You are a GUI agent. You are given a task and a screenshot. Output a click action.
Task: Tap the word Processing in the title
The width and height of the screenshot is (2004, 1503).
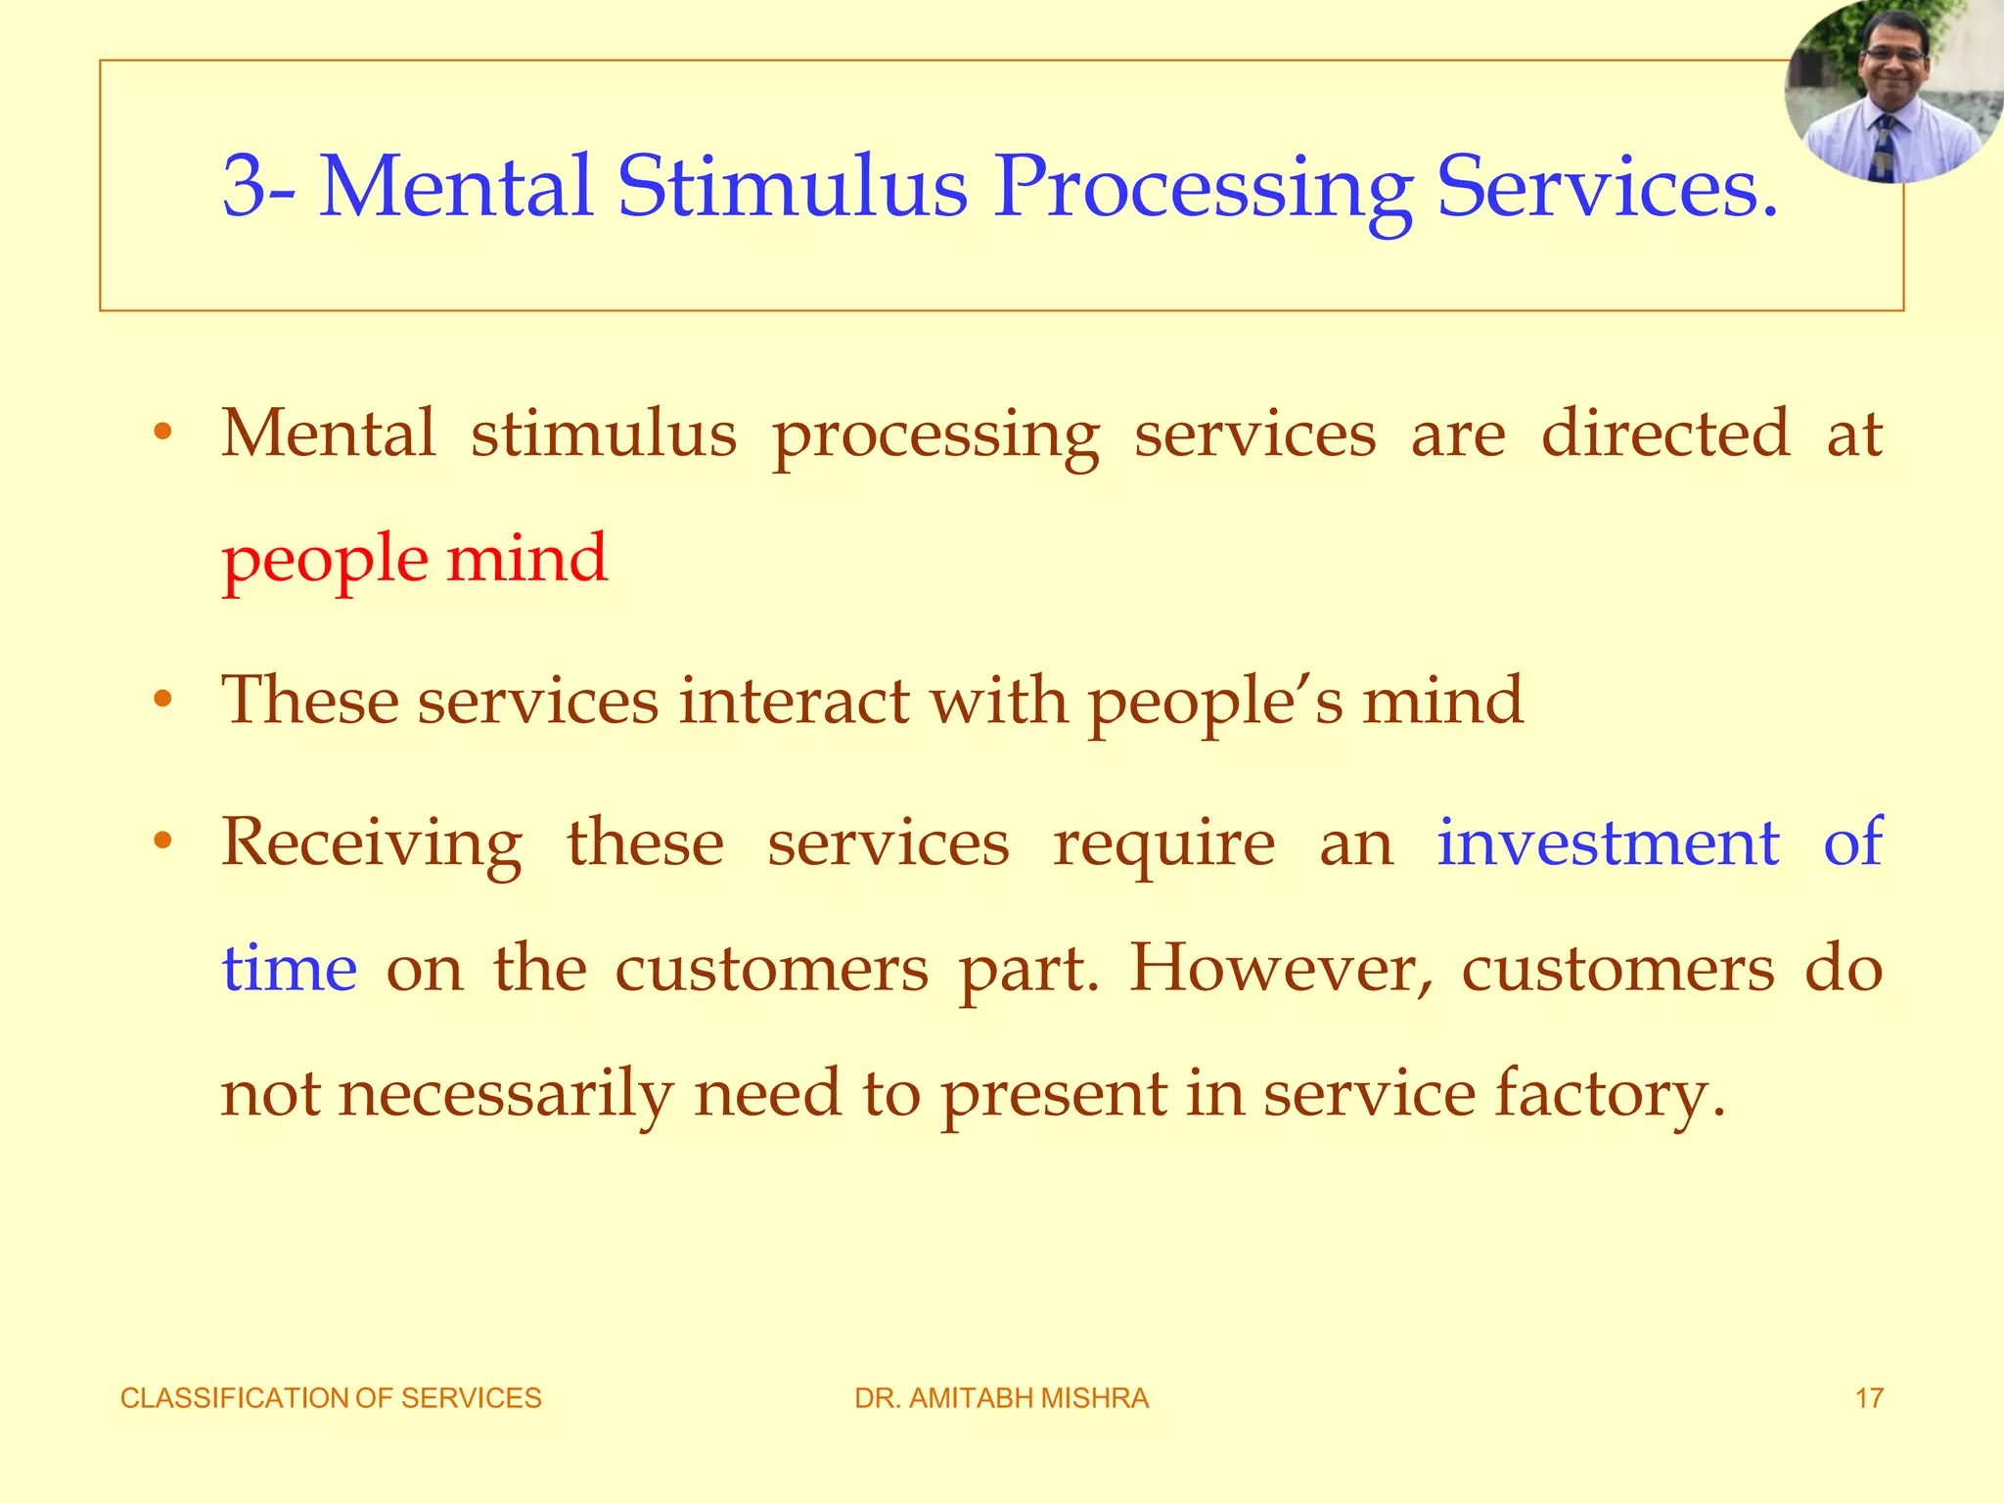pos(1203,188)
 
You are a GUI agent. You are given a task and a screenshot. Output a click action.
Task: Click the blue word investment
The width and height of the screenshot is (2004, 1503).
pos(1608,843)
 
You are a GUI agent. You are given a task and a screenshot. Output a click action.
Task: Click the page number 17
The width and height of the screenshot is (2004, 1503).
pos(1869,1398)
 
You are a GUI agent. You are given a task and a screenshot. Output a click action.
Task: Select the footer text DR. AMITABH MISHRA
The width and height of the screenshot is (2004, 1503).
pos(1002,1398)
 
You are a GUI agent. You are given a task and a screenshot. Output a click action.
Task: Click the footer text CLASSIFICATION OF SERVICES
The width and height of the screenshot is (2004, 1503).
pos(331,1398)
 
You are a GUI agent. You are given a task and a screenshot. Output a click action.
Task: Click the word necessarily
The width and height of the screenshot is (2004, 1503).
pos(505,1094)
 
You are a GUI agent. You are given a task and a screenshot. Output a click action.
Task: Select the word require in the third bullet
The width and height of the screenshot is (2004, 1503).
pos(1163,844)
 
